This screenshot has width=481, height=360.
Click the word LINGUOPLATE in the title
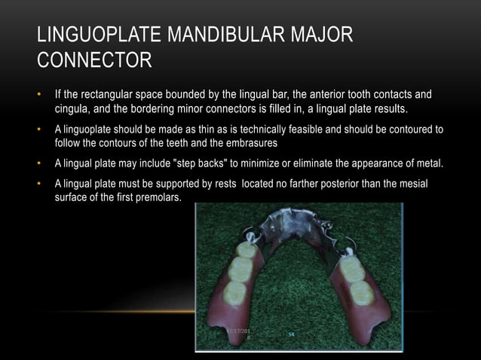(88, 35)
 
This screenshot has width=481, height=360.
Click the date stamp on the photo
(241, 334)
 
